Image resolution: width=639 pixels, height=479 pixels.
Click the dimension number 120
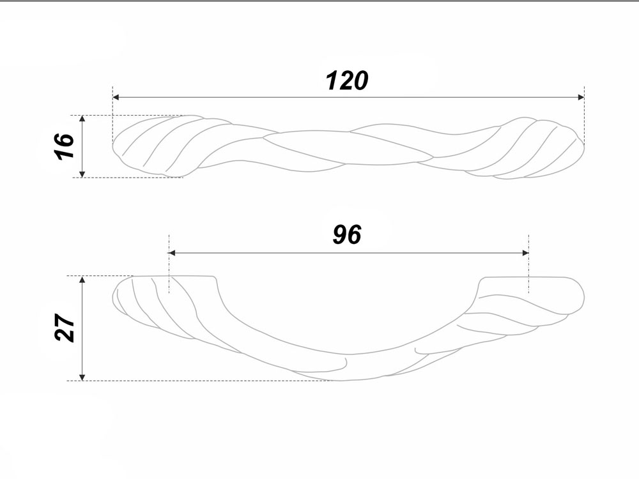click(x=347, y=80)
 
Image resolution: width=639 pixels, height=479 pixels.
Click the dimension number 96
click(x=347, y=234)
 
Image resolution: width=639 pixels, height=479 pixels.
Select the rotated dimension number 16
click(x=64, y=146)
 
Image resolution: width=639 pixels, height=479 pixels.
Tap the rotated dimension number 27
click(x=65, y=328)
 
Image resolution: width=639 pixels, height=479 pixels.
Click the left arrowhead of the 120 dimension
click(x=116, y=97)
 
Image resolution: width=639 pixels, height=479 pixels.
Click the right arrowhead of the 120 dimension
click(x=581, y=97)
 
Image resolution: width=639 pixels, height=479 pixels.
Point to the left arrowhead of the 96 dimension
click(x=172, y=253)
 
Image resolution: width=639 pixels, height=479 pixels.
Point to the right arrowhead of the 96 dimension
click(x=525, y=253)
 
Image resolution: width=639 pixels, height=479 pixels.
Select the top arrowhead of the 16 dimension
click(x=82, y=119)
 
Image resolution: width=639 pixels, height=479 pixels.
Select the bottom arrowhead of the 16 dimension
click(x=82, y=174)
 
